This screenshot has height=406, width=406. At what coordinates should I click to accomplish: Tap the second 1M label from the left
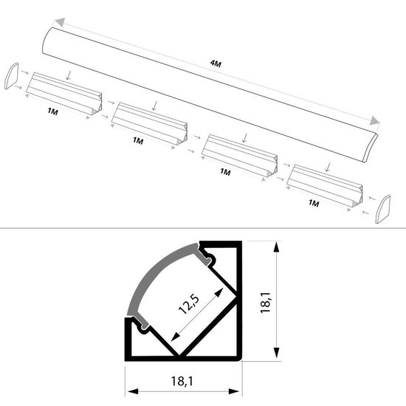137,140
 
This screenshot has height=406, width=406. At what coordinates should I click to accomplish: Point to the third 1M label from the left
225,171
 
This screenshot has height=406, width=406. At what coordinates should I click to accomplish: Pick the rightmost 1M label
313,202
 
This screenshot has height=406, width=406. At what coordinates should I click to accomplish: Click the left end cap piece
11,78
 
